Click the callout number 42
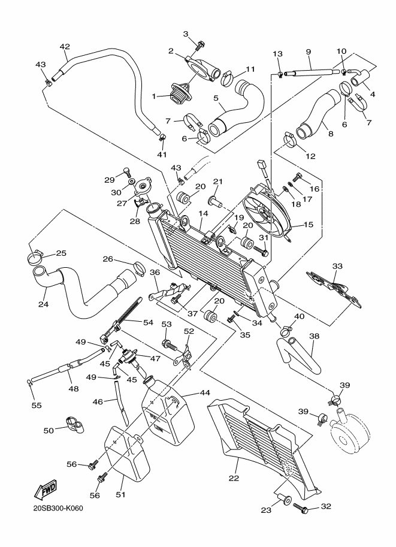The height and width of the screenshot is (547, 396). click(x=65, y=47)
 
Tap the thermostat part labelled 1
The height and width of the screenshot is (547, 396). click(x=180, y=94)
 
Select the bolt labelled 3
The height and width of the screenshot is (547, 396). click(x=201, y=43)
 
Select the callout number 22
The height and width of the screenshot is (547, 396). click(x=234, y=478)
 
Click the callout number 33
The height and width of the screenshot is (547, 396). click(x=337, y=265)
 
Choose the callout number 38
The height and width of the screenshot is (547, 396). click(x=314, y=337)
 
